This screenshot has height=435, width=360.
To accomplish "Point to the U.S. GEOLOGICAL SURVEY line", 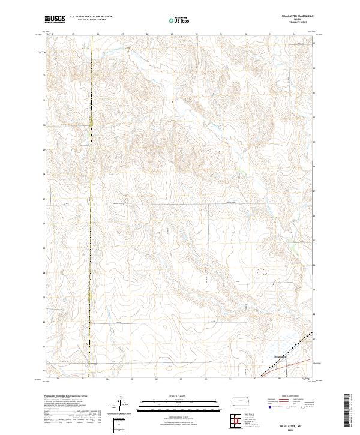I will pos(91,21).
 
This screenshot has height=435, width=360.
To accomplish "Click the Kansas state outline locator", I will pos(241,401).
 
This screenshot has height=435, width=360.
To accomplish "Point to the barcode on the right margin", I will pos(348,411).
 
